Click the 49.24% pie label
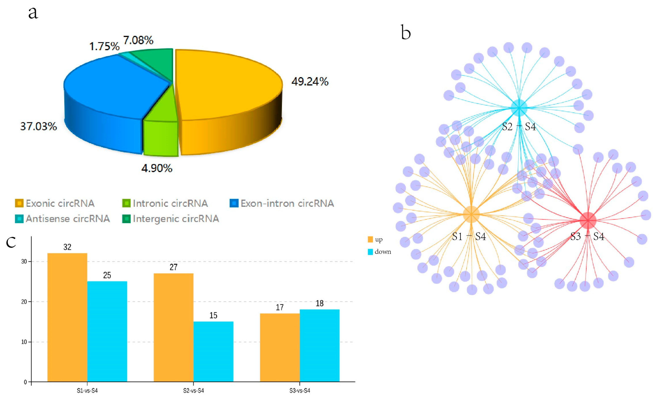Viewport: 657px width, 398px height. [310, 82]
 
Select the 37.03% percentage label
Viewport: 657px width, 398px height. [39, 126]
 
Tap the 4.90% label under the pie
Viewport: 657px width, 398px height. [157, 168]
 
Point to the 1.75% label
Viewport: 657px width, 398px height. [104, 47]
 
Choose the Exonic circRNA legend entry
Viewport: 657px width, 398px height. [55, 204]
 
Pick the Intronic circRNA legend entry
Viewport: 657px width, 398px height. [165, 204]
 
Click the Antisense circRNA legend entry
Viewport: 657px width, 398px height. [63, 219]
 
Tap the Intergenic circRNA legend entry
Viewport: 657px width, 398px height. [171, 219]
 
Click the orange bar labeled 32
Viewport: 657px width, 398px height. [67, 317]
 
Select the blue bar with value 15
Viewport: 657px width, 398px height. [213, 352]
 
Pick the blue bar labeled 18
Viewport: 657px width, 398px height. [319, 345]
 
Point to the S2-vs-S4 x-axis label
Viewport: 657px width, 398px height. [193, 391]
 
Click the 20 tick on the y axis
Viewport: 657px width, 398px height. [24, 302]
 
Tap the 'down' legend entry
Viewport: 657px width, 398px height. [379, 252]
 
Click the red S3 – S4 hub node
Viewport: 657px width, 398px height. [588, 220]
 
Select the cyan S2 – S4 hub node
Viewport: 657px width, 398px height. [519, 108]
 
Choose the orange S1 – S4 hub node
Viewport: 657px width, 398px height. [471, 214]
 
